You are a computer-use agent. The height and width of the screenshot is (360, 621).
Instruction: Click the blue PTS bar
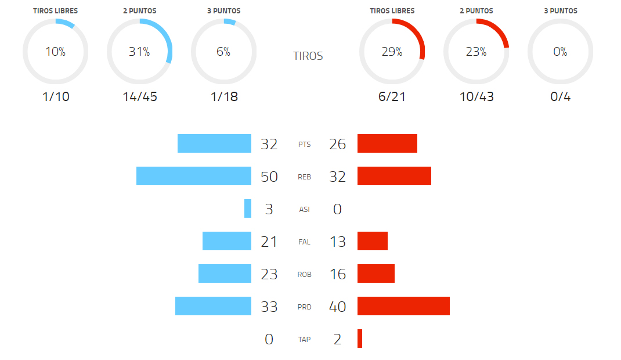pyautogui.click(x=214, y=143)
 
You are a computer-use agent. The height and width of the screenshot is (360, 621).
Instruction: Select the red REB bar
pyautogui.click(x=394, y=176)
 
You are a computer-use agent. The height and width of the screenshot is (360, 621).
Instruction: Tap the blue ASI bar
pyautogui.click(x=248, y=208)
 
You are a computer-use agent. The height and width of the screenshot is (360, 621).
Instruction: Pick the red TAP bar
pyautogui.click(x=360, y=339)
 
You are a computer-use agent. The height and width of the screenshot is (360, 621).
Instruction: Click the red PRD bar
pyautogui.click(x=403, y=306)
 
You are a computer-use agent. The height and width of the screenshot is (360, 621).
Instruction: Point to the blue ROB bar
pyautogui.click(x=225, y=273)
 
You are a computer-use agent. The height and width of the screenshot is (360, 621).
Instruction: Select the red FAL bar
pyautogui.click(x=373, y=241)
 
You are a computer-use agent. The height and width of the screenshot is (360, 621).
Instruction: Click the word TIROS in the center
pyautogui.click(x=308, y=56)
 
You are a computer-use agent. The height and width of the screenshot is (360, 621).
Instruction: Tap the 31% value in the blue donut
pyautogui.click(x=139, y=52)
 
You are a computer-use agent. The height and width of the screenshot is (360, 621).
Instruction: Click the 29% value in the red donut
pyautogui.click(x=392, y=52)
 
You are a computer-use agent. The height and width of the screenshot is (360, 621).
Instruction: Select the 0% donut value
pyautogui.click(x=561, y=52)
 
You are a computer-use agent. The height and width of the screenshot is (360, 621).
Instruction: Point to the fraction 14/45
pyautogui.click(x=140, y=96)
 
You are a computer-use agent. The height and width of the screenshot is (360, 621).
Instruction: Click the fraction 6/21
pyautogui.click(x=392, y=96)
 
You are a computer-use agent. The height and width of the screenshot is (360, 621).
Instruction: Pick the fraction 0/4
pyautogui.click(x=561, y=96)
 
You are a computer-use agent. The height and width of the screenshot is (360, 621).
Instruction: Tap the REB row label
pyautogui.click(x=304, y=177)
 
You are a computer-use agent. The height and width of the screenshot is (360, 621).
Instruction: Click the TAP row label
pyautogui.click(x=304, y=340)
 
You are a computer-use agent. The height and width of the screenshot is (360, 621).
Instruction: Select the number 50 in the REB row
pyautogui.click(x=269, y=177)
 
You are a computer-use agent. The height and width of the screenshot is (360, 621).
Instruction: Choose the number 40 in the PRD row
pyautogui.click(x=337, y=307)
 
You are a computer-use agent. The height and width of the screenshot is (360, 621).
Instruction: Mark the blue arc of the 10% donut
pyautogui.click(x=66, y=23)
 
